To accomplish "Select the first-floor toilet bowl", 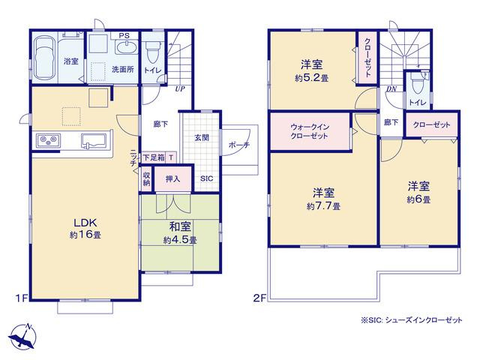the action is point(152,52).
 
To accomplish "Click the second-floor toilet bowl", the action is point(417,83).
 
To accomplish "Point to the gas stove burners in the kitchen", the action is point(49,141).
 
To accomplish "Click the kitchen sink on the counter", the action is point(94,141).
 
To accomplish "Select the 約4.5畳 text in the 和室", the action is point(180,240).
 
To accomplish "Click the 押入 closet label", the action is point(172,179).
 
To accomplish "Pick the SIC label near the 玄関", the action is point(207,178).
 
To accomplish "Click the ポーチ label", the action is point(239,145).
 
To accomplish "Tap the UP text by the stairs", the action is point(180,89).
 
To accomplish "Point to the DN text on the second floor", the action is point(391,89).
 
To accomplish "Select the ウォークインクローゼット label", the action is point(310,131).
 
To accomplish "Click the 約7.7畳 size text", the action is point(323,206).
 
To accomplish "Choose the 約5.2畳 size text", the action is point(312,78).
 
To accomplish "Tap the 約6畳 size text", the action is point(418,199).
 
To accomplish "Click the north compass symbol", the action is point(23,336).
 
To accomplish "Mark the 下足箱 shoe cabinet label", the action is point(154,158).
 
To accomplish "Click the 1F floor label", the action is point(22,298).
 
